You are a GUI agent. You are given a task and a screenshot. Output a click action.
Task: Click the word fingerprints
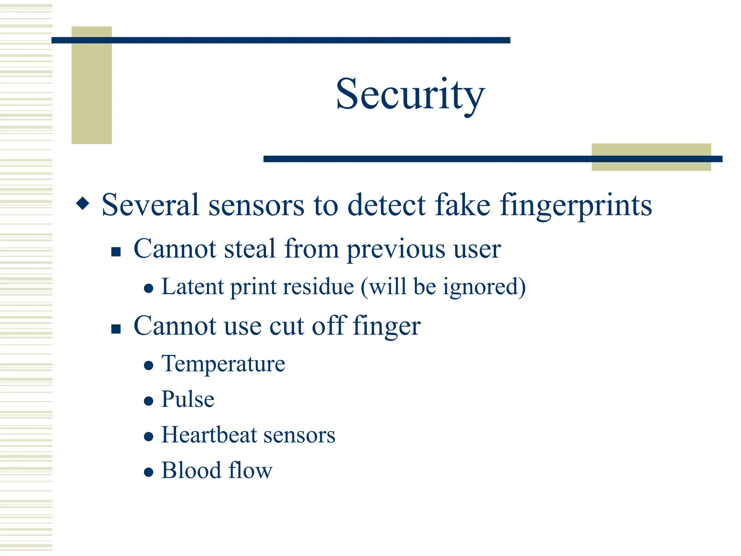576,206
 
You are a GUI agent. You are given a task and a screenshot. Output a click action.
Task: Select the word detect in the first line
386,205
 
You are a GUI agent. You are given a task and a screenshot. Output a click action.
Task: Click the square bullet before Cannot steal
116,251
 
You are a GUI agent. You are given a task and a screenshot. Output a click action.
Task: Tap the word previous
396,250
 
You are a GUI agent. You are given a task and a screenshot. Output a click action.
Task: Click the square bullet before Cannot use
116,328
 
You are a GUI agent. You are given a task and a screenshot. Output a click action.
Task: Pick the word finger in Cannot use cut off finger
386,326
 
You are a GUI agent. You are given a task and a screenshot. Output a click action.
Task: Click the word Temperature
223,364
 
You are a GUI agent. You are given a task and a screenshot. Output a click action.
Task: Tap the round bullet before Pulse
148,401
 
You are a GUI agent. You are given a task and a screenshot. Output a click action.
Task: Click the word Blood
191,470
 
